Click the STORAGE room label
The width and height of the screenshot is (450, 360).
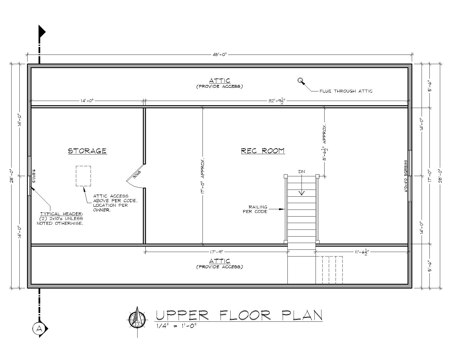pos(87,151)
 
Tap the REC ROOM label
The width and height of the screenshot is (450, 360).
pos(263,151)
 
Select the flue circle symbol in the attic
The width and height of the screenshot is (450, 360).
pos(300,80)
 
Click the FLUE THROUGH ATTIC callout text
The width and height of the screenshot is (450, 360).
pos(346,91)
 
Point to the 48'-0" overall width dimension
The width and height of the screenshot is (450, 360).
pos(220,55)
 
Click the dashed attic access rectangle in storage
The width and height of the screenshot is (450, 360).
pos(83,176)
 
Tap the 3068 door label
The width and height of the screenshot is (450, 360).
pos(137,174)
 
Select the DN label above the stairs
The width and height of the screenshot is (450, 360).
pos(301,172)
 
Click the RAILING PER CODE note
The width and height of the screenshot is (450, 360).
pos(255,209)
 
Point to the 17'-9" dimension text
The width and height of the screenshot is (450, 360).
pos(217,252)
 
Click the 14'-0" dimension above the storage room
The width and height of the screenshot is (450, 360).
pos(87,101)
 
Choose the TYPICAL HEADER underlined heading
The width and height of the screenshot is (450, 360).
pos(62,214)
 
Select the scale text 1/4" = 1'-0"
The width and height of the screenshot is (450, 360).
pos(177,326)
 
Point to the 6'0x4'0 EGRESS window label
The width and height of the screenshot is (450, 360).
pos(406,176)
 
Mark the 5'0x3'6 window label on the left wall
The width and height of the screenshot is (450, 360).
pos(34,176)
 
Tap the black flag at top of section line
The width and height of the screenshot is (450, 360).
pos(42,32)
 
